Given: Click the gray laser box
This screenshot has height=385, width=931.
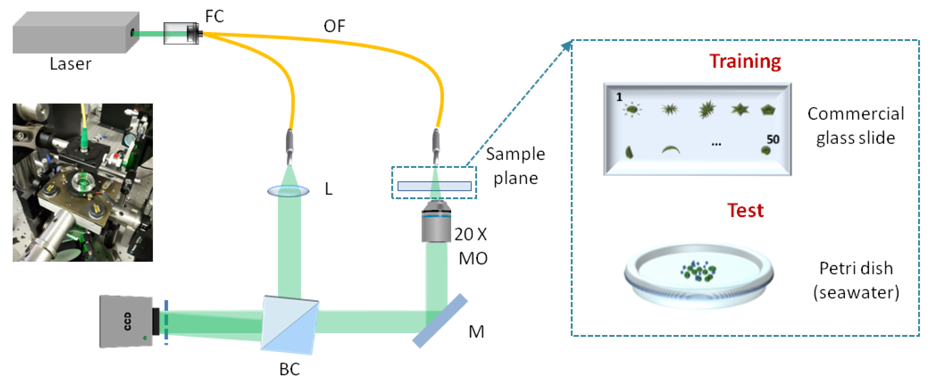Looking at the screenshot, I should coord(72,33).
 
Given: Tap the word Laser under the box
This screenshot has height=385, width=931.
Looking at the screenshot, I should coord(71,64).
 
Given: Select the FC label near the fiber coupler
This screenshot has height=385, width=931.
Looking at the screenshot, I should coord(214,16).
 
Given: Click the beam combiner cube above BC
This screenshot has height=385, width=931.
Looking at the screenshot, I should coord(290,325).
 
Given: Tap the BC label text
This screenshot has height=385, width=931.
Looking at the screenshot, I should coord(289,369).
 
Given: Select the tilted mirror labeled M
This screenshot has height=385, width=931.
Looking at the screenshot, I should coord(440,321).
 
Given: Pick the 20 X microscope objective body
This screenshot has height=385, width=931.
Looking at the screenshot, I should coord(436,222).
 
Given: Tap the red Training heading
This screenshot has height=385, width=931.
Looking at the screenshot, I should coord(744,61).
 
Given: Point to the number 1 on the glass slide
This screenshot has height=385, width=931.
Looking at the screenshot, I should coord(619,97).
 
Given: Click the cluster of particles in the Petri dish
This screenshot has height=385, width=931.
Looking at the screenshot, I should coord(698,271).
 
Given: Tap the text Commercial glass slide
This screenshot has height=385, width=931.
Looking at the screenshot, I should coord(855,126).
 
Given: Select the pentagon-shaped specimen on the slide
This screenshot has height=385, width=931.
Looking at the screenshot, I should coord(768,110).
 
